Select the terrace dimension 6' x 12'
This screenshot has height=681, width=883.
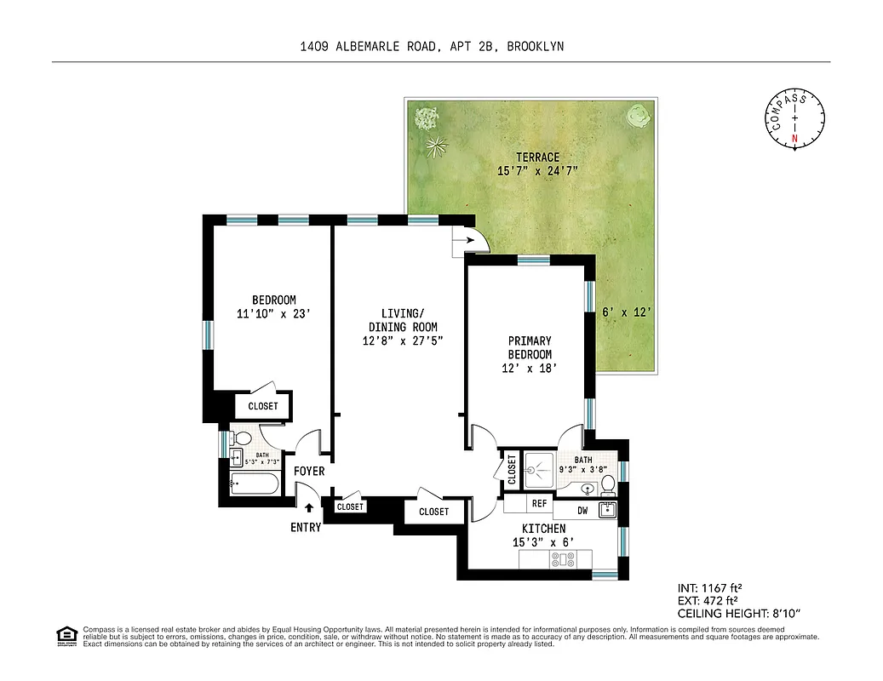(x=627, y=312)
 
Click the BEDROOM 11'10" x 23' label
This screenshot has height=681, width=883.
(x=273, y=306)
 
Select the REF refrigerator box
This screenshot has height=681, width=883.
(x=538, y=504)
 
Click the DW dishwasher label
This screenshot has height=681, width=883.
(x=582, y=511)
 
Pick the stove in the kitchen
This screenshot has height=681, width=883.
(x=563, y=559)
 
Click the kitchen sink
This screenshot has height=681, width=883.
(x=607, y=511)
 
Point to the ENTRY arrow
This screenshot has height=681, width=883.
(x=309, y=508)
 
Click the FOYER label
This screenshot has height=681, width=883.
(x=308, y=471)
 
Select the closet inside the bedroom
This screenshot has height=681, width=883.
(x=263, y=406)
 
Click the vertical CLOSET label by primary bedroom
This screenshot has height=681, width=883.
(x=512, y=470)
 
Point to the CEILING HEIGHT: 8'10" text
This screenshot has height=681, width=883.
(x=738, y=613)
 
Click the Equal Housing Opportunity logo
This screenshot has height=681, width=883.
(x=65, y=635)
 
